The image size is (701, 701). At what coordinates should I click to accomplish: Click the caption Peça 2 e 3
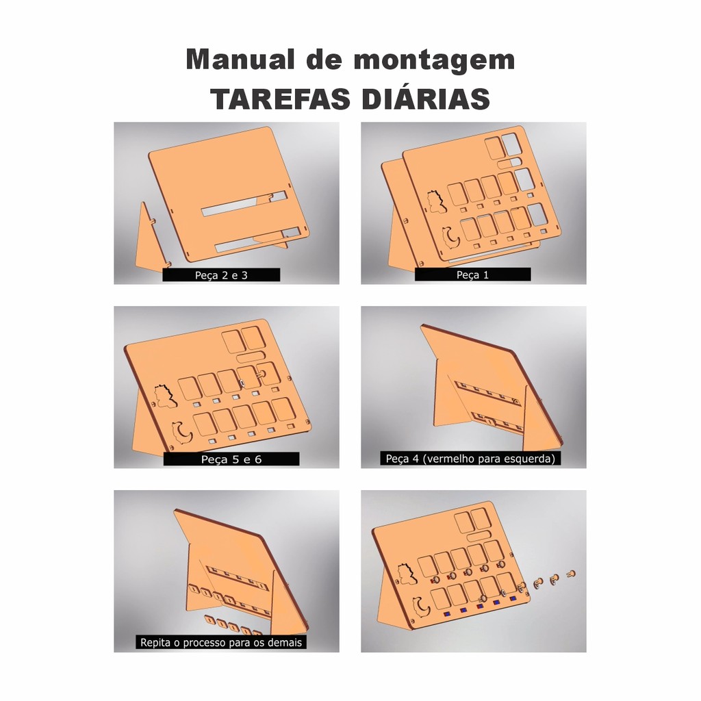(x=221, y=275)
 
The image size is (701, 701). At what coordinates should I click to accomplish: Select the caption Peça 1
(x=472, y=275)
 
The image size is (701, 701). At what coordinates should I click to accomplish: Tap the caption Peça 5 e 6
(x=231, y=459)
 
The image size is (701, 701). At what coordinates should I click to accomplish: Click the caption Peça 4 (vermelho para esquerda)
(x=470, y=459)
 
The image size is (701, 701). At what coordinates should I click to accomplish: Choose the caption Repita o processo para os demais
(x=221, y=642)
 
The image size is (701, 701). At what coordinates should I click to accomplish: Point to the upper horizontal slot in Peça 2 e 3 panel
(x=244, y=203)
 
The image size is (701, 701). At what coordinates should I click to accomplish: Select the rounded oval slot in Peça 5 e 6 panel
(x=251, y=357)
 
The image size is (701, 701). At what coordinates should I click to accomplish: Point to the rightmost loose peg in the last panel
(x=570, y=573)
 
